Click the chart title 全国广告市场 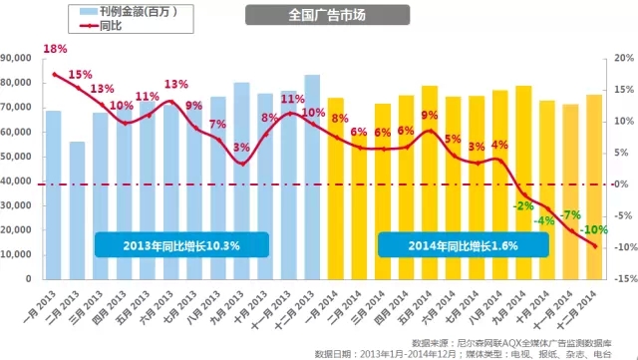327,15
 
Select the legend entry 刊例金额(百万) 129,11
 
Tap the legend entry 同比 101,26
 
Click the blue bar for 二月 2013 77,210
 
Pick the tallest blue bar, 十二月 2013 312,178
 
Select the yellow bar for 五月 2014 430,182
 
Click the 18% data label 55,49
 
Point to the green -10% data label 594,230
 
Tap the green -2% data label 523,206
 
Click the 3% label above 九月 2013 241,147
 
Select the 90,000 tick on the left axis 16,58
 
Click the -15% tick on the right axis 623,279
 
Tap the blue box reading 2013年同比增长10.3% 181,245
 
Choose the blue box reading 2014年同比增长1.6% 463,245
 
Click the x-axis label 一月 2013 40,307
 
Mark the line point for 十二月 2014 595,246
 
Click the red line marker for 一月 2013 55,75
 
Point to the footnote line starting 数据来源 511,343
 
